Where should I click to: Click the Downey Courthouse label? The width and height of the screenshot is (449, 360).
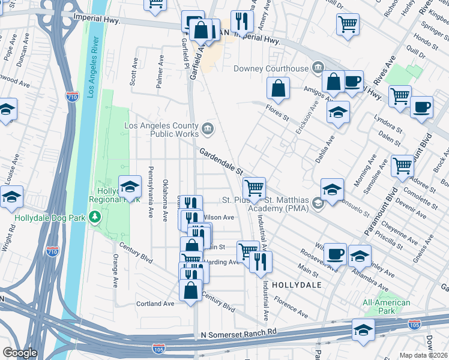(270, 68)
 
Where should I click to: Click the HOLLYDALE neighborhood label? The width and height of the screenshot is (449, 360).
(297, 284)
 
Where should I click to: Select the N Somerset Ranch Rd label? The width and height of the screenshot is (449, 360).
(239, 332)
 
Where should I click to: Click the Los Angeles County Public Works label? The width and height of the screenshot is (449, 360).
(161, 130)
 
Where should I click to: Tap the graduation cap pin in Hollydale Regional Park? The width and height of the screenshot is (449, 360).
(130, 187)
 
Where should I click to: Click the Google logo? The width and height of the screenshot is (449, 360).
(20, 353)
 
